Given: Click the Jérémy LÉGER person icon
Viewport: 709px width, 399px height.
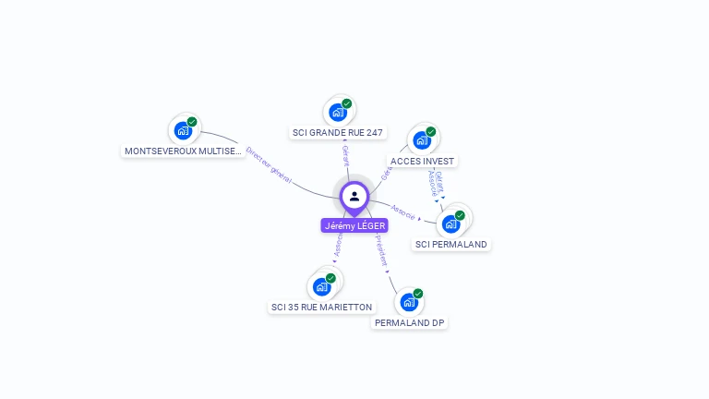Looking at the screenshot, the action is click(354, 196).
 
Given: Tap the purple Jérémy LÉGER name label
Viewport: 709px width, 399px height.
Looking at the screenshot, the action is click(354, 225).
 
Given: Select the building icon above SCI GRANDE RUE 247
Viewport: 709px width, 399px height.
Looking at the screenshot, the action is click(338, 112).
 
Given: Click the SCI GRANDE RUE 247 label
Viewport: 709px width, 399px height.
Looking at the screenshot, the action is click(338, 133).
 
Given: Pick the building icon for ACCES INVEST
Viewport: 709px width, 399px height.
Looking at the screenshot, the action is click(422, 140).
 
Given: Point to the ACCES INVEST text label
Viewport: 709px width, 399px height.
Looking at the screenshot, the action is click(424, 161).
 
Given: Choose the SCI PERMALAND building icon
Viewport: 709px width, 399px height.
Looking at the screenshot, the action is click(451, 224).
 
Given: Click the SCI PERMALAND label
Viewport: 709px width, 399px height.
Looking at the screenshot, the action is click(451, 245).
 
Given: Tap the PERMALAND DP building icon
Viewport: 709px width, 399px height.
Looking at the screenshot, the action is click(409, 302).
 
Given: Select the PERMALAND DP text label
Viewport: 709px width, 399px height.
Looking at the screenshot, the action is click(411, 323).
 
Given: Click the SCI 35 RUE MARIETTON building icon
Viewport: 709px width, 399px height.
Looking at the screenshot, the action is click(321, 286).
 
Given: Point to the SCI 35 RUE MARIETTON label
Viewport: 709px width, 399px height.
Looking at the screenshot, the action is click(321, 307).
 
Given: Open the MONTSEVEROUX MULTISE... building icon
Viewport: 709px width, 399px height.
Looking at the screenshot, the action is click(183, 130).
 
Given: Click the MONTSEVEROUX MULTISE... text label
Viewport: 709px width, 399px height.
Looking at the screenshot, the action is click(184, 151).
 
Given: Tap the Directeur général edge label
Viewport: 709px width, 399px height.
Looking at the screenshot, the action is click(269, 164).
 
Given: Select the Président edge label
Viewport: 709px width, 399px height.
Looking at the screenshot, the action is click(381, 250).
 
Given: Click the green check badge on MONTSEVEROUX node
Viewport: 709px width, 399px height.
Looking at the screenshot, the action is click(192, 122).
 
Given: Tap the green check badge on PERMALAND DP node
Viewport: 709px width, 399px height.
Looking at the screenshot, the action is click(418, 294).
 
